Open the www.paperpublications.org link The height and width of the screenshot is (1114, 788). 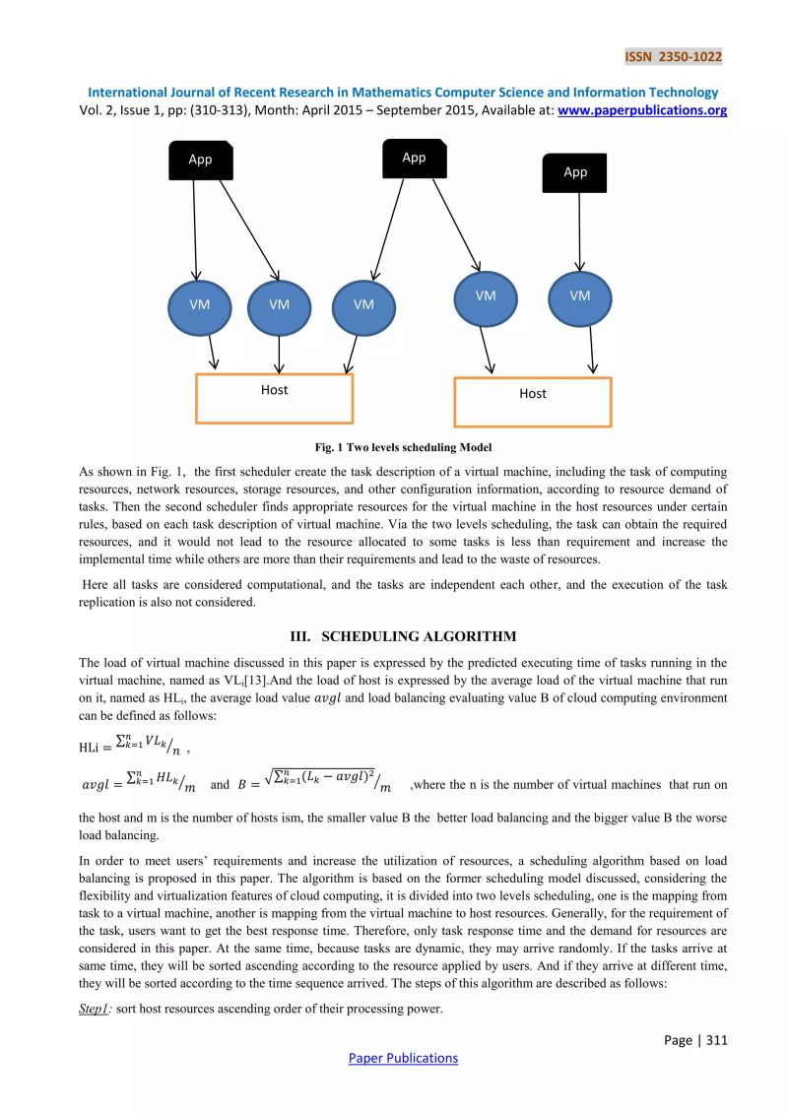[x=642, y=110]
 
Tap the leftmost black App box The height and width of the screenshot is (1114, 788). [x=200, y=160]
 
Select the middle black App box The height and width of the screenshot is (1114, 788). [x=414, y=158]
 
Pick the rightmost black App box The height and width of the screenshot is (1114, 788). [x=575, y=172]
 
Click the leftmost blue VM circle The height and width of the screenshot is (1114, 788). [x=200, y=304]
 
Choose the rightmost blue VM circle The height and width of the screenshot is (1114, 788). [x=580, y=296]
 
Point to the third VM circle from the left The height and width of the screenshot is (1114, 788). [x=363, y=304]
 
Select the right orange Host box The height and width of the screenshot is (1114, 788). [x=532, y=400]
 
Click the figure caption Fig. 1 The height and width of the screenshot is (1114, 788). [x=393, y=447]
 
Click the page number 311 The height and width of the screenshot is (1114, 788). [x=695, y=1039]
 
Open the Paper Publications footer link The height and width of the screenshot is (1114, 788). [x=404, y=1058]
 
